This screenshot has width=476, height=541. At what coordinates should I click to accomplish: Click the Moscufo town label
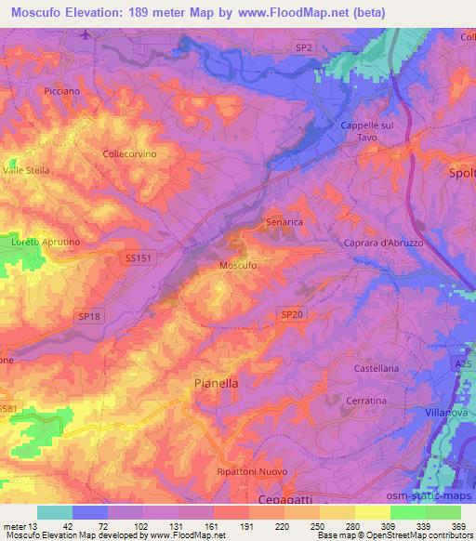click(x=237, y=265)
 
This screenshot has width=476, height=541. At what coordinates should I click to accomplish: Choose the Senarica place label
click(x=284, y=223)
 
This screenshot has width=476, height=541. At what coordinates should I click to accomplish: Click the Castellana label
click(x=377, y=369)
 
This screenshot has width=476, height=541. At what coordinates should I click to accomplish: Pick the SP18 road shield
click(x=88, y=316)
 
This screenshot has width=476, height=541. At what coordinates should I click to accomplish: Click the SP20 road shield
click(x=292, y=316)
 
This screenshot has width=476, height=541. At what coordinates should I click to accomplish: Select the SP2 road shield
click(x=305, y=45)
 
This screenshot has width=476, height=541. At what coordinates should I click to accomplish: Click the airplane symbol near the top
click(x=86, y=35)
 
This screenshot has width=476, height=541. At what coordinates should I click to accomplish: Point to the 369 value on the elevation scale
click(x=460, y=524)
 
